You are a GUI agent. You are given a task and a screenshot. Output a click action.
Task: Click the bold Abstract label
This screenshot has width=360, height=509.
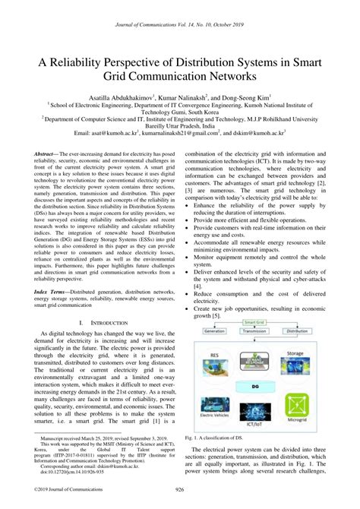(48, 153)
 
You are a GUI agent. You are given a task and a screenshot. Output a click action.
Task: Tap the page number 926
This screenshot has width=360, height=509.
(180, 489)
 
